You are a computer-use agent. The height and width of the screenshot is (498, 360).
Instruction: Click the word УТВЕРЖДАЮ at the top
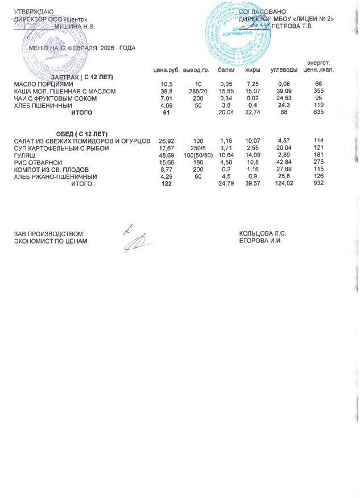click(x=34, y=12)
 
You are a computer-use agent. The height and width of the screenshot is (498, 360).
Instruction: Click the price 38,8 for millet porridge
click(x=167, y=91)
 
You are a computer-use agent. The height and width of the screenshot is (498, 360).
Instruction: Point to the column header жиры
click(x=253, y=70)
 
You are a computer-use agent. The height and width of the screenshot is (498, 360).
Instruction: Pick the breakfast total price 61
click(x=167, y=113)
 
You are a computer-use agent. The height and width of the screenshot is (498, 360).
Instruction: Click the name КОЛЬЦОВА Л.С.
click(x=262, y=233)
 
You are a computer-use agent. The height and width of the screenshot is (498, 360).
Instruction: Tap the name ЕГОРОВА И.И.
click(x=260, y=241)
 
